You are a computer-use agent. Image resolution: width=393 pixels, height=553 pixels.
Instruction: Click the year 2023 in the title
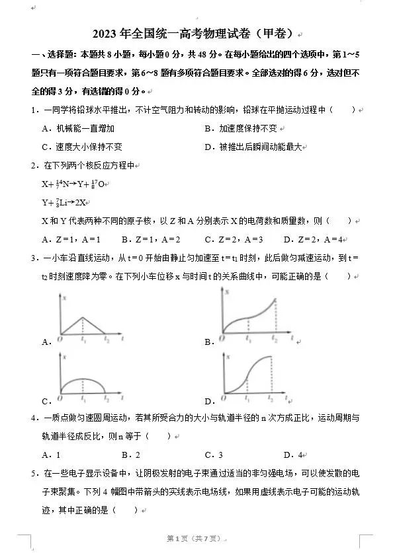coord(105,34)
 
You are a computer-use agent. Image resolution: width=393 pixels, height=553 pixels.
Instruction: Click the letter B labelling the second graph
coord(208,342)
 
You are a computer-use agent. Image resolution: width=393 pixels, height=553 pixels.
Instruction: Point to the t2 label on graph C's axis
coord(107,399)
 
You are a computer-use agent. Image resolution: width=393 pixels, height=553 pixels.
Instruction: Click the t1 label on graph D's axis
coord(246,399)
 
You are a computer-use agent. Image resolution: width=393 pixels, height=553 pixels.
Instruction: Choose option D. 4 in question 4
coord(292,455)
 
